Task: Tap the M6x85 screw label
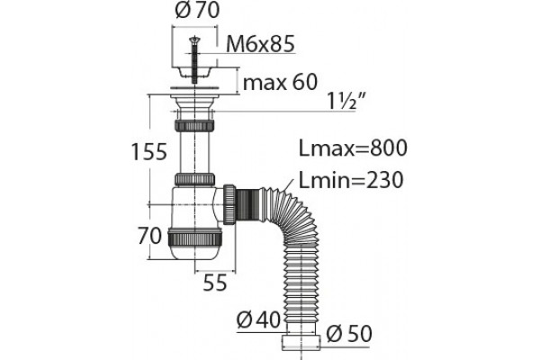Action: (260, 44)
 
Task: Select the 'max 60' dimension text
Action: (280, 82)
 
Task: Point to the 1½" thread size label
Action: (346, 102)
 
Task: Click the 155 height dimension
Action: (149, 151)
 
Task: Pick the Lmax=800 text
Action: (353, 148)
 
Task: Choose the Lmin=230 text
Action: (351, 180)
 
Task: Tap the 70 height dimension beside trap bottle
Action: (149, 236)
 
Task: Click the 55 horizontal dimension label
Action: (215, 283)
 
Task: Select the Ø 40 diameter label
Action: (258, 320)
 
